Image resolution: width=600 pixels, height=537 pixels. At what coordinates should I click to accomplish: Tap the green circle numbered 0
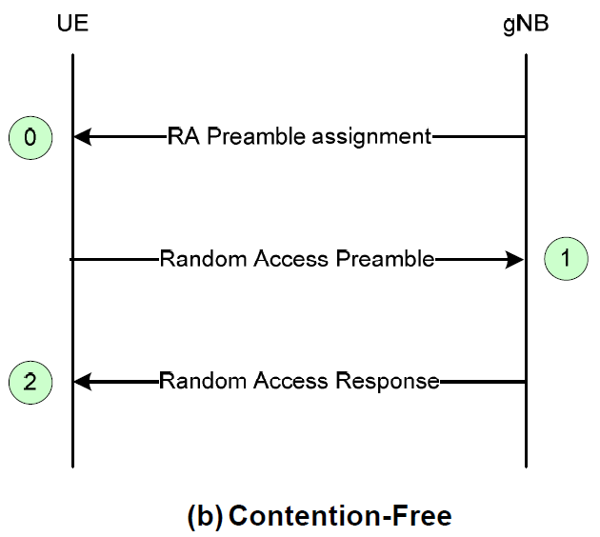pos(30,137)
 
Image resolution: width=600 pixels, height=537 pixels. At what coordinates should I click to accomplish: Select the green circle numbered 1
pos(567,258)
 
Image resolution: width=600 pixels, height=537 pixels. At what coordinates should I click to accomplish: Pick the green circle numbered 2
pos(30,382)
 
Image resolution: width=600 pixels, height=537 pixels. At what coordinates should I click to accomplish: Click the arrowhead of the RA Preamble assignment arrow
pos(82,137)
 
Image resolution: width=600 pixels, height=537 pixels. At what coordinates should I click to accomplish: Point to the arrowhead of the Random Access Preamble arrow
pos(516,259)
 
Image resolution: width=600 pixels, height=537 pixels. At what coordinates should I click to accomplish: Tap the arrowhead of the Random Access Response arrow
pos(82,382)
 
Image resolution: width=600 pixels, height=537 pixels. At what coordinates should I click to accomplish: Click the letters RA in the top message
pos(184,136)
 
